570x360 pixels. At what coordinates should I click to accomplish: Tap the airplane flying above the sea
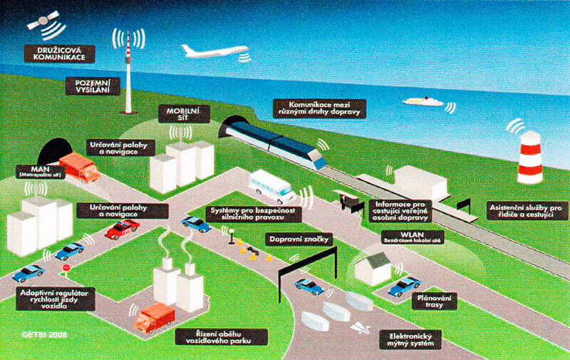point(213,51)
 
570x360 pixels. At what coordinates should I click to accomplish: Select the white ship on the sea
point(423,101)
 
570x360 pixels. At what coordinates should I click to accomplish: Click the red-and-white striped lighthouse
point(529,158)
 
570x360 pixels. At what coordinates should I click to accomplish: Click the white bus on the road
point(271,187)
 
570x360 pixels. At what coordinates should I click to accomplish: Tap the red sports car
point(122,229)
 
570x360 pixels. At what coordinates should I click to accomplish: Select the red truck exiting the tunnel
point(79,168)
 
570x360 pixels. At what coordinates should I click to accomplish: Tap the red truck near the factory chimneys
point(154,318)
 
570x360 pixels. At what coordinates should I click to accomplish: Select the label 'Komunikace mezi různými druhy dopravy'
point(320,108)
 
